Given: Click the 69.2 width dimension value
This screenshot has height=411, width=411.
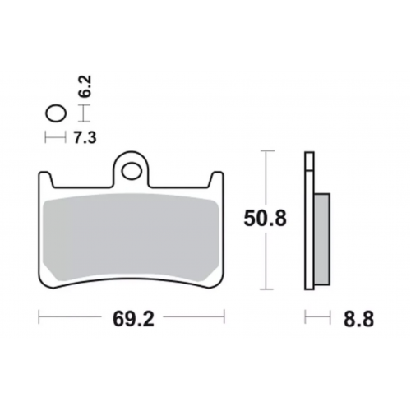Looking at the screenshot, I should point(132,316).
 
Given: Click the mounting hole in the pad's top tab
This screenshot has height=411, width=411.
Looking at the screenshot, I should point(131,170).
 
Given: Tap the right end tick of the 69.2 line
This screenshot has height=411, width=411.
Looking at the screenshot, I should point(224,316).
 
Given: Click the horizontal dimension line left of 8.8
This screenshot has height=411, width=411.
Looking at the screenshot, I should point(317,316).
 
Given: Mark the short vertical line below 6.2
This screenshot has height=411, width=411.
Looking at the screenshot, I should point(80,113).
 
